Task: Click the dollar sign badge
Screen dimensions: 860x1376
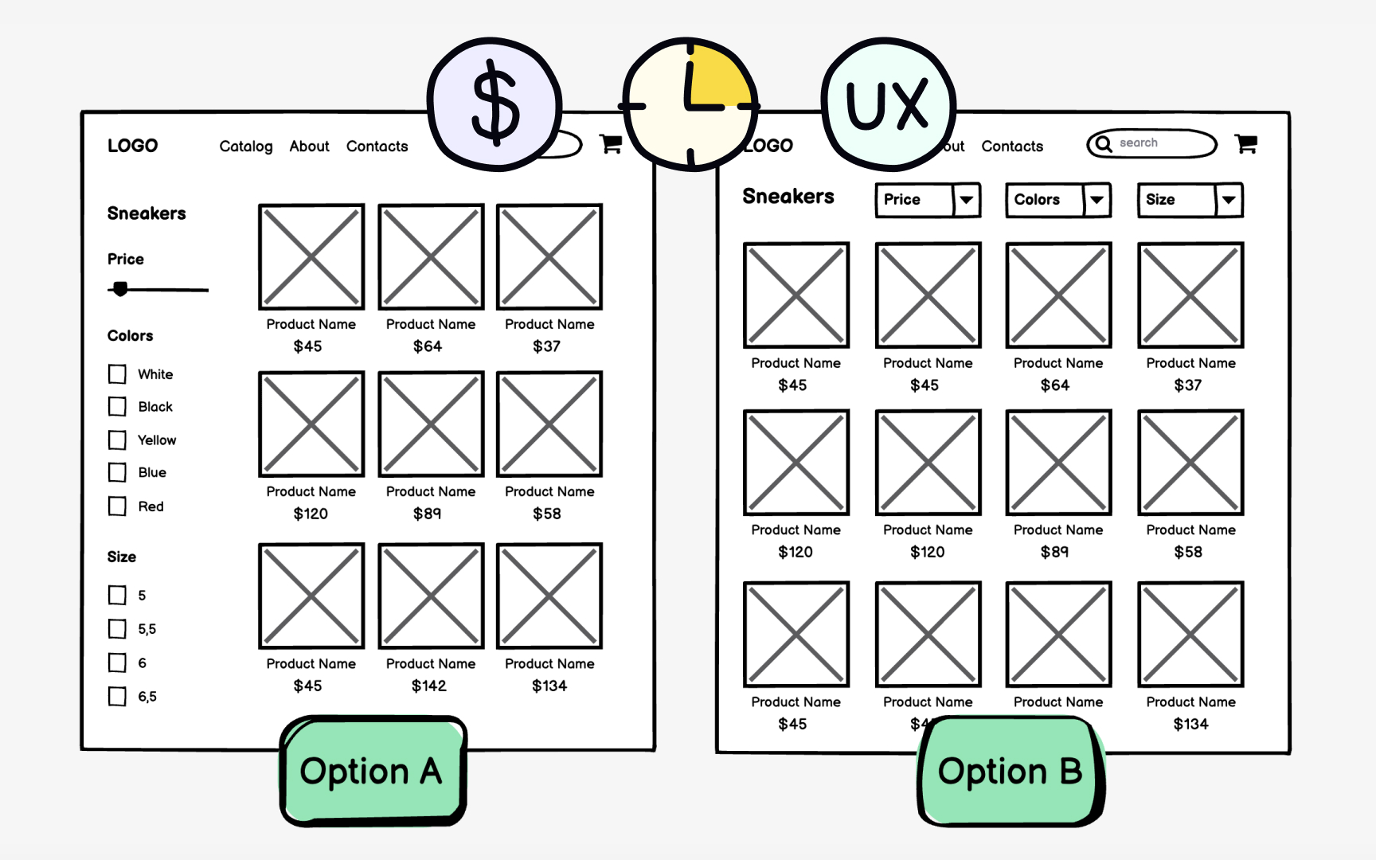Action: pos(494,104)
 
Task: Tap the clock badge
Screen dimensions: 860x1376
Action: pos(690,104)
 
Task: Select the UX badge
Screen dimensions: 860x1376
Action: pos(888,104)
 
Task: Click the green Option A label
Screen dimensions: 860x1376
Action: pos(372,771)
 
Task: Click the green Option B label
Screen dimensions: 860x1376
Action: pos(1010,771)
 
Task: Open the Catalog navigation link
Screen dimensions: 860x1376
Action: pos(246,147)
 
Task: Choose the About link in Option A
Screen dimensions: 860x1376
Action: pos(309,147)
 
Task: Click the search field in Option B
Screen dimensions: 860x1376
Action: pos(1151,143)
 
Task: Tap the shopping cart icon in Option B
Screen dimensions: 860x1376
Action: pos(1246,143)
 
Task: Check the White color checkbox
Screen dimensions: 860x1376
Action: pos(118,374)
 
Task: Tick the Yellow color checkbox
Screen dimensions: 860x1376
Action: pos(118,440)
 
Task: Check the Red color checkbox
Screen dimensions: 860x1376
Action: pos(118,506)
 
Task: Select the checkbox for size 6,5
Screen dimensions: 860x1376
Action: pos(118,697)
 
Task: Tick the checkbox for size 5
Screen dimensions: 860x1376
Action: pos(118,595)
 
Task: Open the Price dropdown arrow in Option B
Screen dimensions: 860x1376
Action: pos(966,200)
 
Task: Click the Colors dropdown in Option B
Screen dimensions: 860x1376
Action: pos(1057,200)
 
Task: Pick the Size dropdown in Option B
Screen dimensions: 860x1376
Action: pos(1190,200)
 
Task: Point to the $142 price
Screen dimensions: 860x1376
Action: pos(429,686)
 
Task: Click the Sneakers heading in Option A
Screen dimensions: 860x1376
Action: pos(147,213)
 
